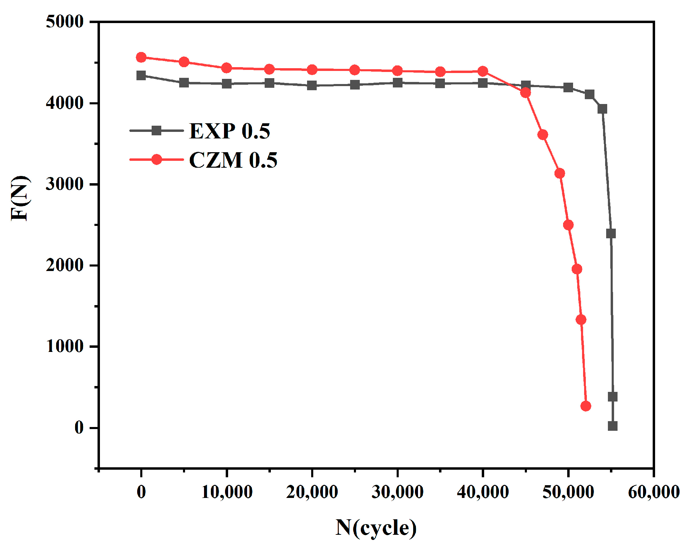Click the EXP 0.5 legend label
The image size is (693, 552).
point(230,131)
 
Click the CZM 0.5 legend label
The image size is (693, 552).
point(233,160)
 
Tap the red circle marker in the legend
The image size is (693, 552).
point(156,159)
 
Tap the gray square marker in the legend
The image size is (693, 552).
point(156,131)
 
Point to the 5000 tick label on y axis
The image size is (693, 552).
point(65,22)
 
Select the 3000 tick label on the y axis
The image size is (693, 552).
point(65,184)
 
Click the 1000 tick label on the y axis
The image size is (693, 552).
point(65,346)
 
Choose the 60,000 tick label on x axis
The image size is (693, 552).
point(654,492)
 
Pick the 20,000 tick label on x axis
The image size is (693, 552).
point(312,492)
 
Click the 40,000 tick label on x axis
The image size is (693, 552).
point(483,492)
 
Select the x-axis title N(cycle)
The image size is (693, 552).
point(376,528)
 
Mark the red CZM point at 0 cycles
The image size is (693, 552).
point(141,58)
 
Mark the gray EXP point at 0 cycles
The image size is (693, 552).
point(141,75)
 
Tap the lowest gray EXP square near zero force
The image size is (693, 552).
point(612,426)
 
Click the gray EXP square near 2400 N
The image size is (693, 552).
point(611,233)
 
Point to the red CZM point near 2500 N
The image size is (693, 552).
point(568,225)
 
